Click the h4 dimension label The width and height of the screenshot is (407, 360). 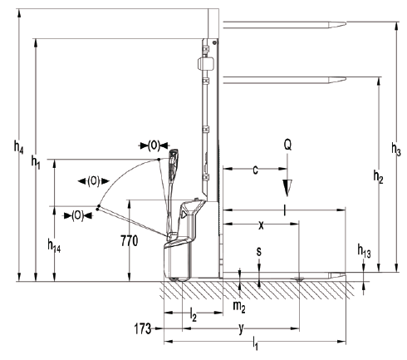pos(18,146)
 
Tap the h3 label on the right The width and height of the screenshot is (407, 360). pos(396,149)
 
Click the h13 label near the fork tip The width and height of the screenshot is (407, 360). pos(364,251)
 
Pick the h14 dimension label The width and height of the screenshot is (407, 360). pos(54,245)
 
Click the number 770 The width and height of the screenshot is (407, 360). pos(130,241)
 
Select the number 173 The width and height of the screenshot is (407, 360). pos(143,329)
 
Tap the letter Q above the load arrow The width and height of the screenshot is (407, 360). pos(287,145)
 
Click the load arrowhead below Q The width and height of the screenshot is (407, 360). pos(287,188)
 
